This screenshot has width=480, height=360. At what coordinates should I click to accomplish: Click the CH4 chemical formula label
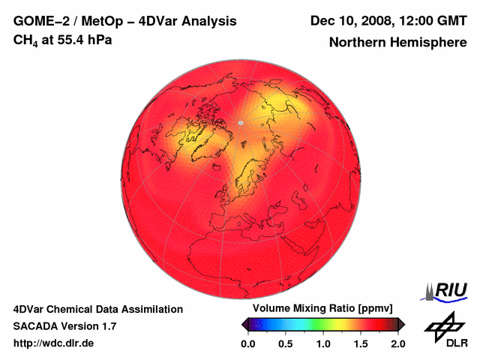pyautogui.click(x=25, y=40)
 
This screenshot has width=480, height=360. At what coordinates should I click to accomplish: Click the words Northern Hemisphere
pyautogui.click(x=397, y=43)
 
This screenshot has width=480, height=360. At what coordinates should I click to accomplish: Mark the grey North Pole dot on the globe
pyautogui.click(x=241, y=121)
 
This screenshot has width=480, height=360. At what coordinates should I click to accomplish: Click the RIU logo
pyautogui.click(x=447, y=290)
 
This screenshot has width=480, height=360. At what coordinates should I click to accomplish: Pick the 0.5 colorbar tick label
pyautogui.click(x=286, y=343)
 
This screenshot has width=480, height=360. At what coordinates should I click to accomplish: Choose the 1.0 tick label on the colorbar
pyautogui.click(x=323, y=343)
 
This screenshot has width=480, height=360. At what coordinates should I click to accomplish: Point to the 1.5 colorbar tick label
pyautogui.click(x=361, y=343)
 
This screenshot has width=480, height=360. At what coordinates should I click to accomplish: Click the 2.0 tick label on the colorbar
pyautogui.click(x=397, y=343)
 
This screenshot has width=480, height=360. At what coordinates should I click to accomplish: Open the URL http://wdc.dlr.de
pyautogui.click(x=54, y=343)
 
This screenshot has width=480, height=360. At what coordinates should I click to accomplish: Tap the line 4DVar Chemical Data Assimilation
pyautogui.click(x=97, y=309)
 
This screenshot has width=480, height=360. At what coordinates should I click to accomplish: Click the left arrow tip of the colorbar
pyautogui.click(x=244, y=324)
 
